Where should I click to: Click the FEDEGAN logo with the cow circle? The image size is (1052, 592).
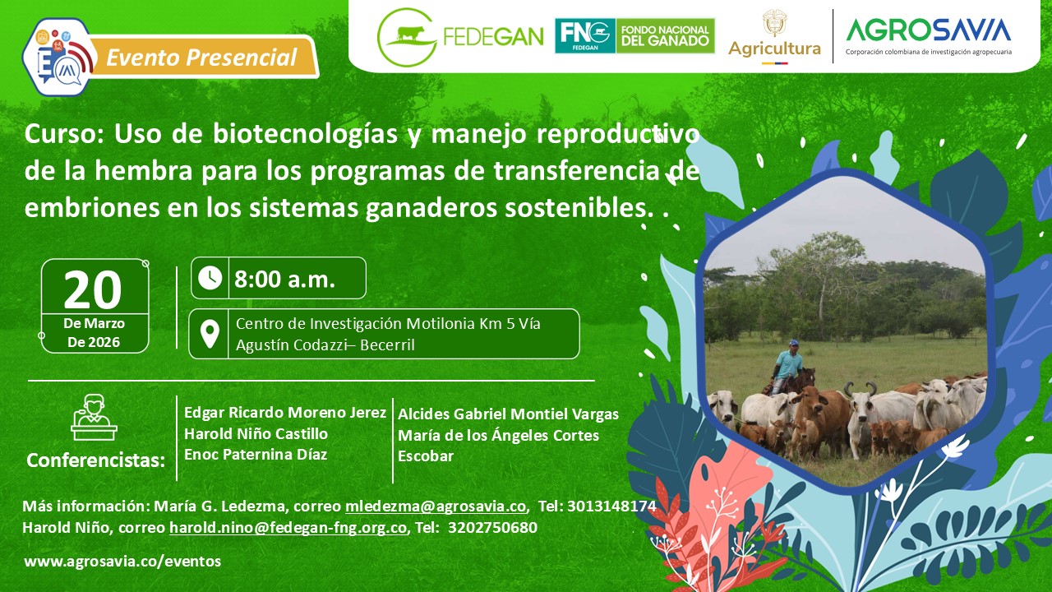[407, 36]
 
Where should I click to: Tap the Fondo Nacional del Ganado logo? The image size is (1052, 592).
[634, 36]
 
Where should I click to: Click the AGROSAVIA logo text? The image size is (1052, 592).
[929, 30]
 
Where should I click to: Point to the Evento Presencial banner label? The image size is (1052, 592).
[201, 58]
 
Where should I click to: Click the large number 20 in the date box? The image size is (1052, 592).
[93, 289]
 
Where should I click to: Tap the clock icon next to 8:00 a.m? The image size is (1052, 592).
[210, 278]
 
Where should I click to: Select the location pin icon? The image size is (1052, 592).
[210, 334]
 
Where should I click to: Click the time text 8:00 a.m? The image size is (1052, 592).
[284, 279]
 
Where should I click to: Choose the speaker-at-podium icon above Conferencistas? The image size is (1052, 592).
[94, 417]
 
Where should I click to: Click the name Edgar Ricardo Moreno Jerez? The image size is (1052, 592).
[285, 412]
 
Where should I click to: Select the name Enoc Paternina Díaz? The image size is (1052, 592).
[256, 455]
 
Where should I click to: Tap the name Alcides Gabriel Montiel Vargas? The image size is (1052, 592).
[508, 414]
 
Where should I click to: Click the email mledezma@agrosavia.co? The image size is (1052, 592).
[436, 506]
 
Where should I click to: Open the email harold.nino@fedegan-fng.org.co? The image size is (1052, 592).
[288, 528]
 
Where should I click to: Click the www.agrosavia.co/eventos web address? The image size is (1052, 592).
[122, 562]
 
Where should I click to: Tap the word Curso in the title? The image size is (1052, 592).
[64, 134]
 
